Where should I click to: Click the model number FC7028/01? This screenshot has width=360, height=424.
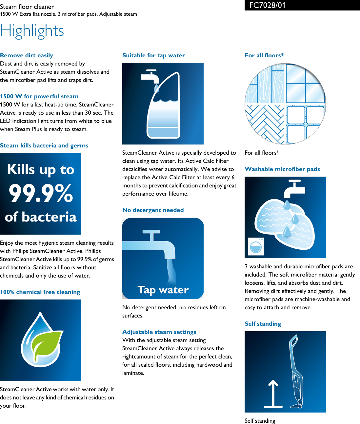tap(267, 5)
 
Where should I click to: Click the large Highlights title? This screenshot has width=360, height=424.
tap(32, 31)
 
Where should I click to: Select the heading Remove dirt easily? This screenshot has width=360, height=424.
tap(27, 55)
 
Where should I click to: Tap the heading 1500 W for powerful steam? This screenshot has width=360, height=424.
tap(39, 96)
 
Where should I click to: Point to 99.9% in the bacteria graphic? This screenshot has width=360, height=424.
tap(41, 194)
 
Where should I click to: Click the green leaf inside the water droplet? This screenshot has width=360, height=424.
tap(48, 344)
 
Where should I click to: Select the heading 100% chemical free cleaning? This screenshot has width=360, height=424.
tap(40, 292)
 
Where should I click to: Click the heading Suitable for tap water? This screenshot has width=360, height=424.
tap(153, 55)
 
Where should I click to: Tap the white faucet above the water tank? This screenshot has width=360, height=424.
tap(150, 76)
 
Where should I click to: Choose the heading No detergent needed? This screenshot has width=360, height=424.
tap(153, 210)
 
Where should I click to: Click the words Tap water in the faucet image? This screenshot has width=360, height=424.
tap(163, 290)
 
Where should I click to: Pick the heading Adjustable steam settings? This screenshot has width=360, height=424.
tap(159, 332)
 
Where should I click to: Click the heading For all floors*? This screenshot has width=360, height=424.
tap(264, 55)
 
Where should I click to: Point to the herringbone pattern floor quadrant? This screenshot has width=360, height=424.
tap(265, 124)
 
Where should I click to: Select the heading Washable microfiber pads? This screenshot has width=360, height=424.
tap(282, 169)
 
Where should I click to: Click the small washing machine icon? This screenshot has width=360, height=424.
tap(256, 246)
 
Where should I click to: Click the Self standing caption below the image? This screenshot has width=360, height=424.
tap(260, 421)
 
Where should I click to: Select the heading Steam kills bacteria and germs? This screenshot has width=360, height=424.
tap(44, 145)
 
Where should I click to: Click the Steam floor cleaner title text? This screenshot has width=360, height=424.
tap(27, 7)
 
